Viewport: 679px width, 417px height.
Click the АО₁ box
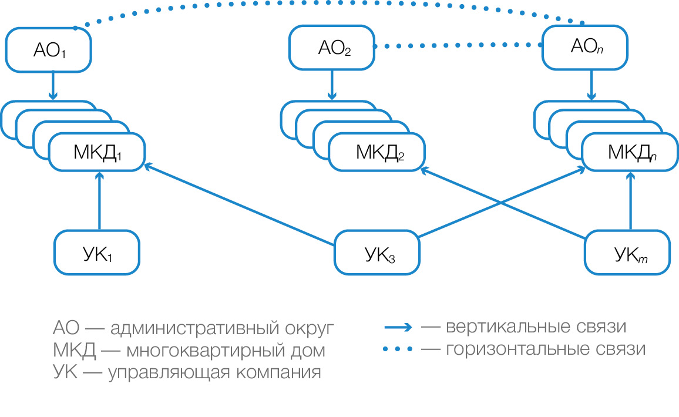point(49,50)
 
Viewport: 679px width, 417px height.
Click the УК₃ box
point(377,253)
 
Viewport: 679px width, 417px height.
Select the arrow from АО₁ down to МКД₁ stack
point(53,85)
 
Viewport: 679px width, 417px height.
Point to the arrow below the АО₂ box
point(332,85)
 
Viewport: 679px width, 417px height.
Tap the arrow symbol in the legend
point(399,327)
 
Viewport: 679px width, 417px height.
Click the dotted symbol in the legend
point(399,349)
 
